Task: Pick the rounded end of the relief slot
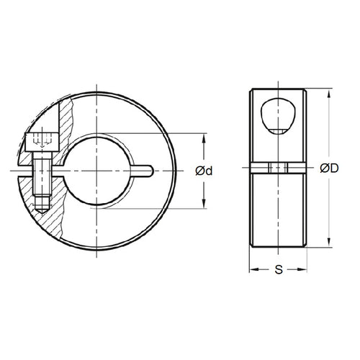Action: (x=150, y=171)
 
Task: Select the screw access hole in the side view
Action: (x=276, y=115)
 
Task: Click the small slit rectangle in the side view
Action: (x=277, y=168)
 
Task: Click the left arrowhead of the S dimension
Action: (x=251, y=271)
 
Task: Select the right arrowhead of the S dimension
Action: (x=305, y=271)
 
